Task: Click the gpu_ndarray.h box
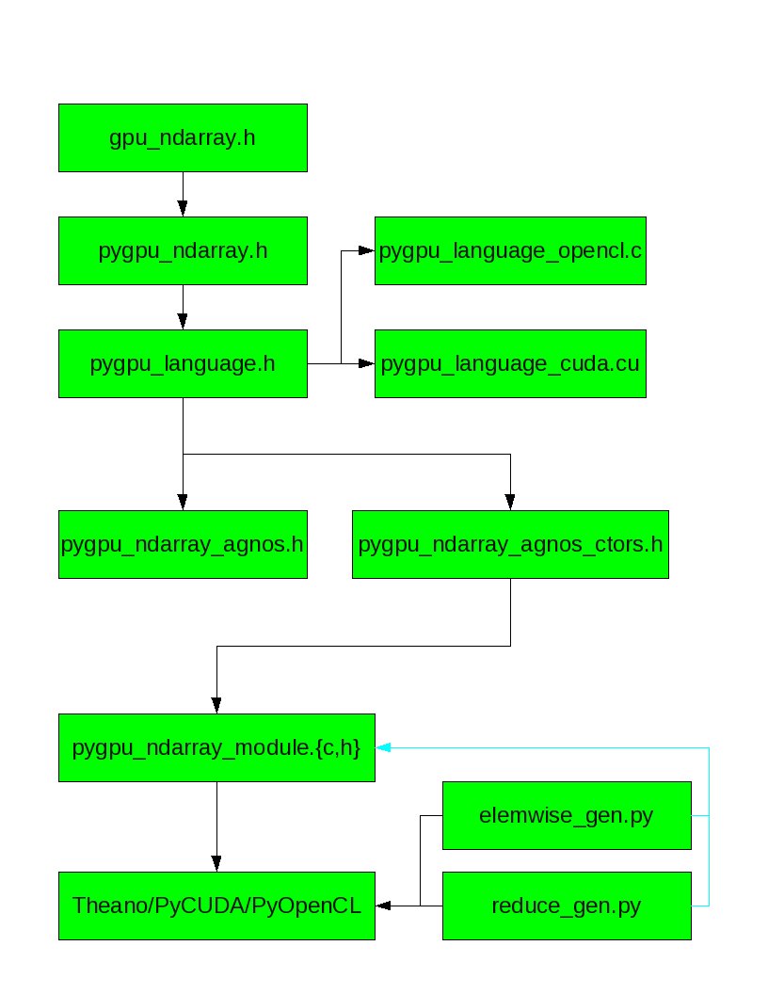183,138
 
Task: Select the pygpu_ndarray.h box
183,250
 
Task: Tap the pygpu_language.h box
183,363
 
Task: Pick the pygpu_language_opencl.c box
510,250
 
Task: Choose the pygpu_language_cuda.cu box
510,363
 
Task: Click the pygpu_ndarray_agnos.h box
183,544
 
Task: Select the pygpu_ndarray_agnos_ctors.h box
510,544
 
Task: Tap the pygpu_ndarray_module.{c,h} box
216,747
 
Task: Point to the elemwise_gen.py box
567,815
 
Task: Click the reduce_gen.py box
567,906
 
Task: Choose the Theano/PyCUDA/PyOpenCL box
216,906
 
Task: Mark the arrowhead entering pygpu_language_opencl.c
366,250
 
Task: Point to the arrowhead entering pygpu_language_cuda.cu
366,363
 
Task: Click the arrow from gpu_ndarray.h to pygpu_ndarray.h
183,195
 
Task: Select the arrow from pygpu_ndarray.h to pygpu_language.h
183,308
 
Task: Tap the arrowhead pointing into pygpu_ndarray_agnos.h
183,502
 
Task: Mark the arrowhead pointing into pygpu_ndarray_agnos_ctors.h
510,502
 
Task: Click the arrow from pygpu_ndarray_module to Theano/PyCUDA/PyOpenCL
216,826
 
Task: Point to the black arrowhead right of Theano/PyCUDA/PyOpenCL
383,906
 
